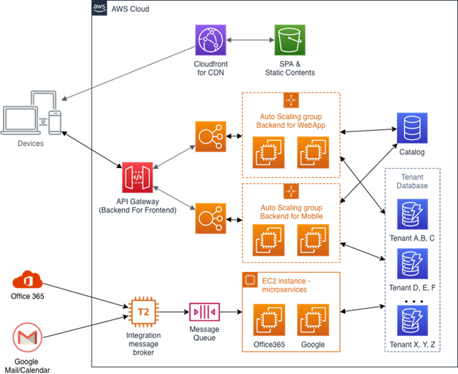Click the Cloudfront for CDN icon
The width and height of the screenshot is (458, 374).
[x=211, y=40]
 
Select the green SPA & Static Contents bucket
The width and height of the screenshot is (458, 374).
[x=289, y=40]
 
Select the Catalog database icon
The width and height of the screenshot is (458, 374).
[x=411, y=128]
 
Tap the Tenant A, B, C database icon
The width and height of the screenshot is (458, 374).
[x=411, y=214]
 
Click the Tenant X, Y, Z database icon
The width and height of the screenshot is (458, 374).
[x=411, y=320]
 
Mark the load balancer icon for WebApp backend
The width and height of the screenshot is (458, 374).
[x=210, y=136]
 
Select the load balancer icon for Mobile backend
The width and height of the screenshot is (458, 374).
[x=210, y=218]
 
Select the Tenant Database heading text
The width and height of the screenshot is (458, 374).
[x=413, y=180]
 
